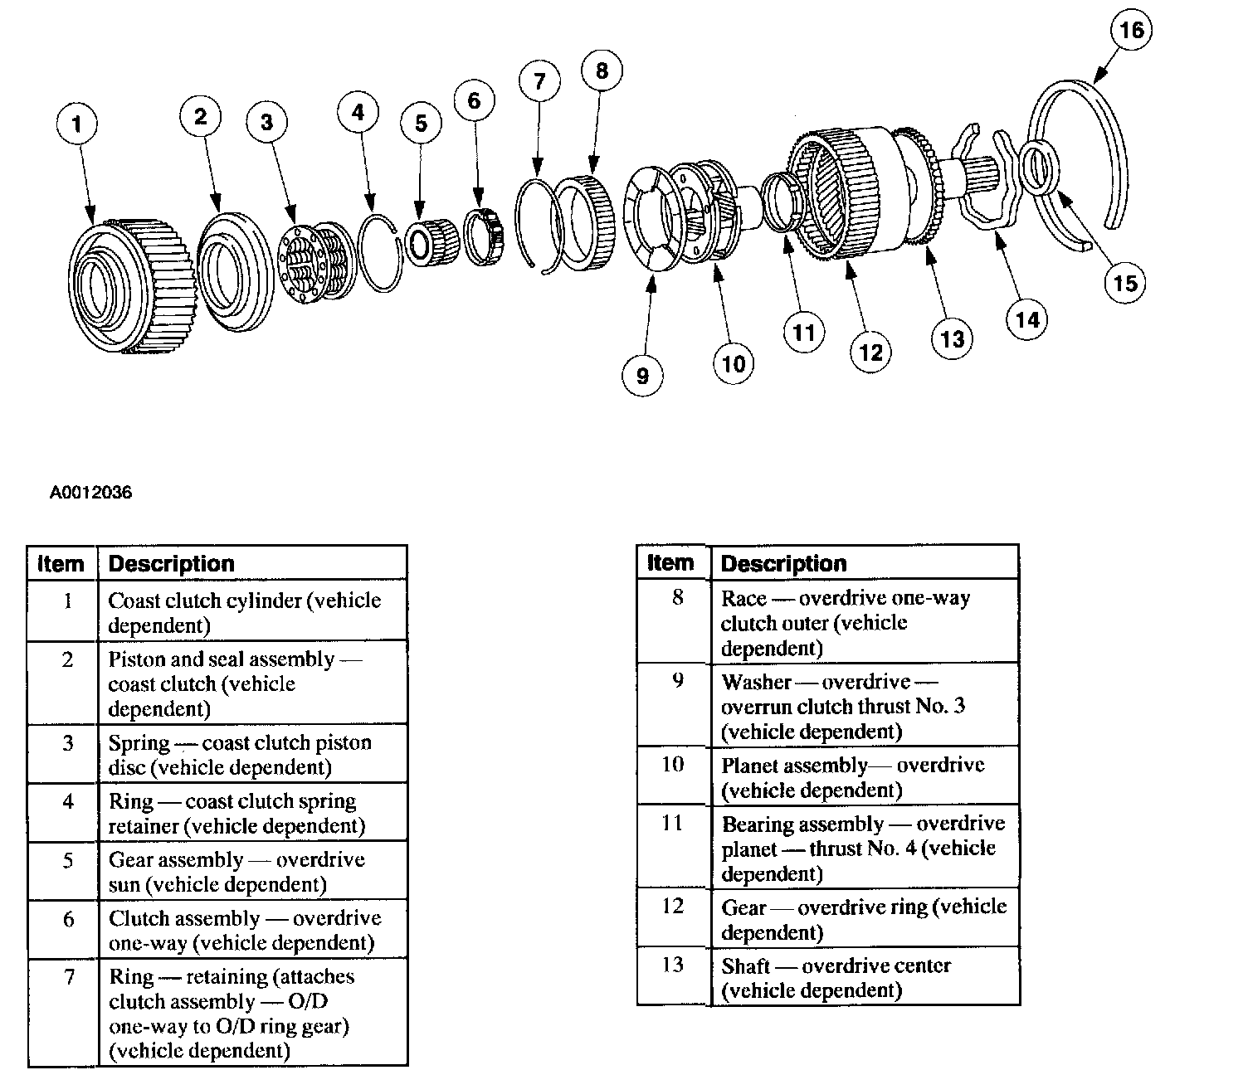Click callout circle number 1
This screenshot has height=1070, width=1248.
[77, 124]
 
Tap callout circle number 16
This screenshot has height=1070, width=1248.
[1131, 31]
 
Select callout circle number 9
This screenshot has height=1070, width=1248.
[642, 376]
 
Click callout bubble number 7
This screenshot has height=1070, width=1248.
[539, 81]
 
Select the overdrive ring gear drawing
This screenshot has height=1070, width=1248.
[838, 195]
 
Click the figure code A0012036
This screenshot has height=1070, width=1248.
[90, 493]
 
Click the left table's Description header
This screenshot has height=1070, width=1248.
[172, 564]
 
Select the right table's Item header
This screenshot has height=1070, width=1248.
[670, 562]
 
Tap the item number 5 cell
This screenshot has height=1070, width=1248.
[68, 861]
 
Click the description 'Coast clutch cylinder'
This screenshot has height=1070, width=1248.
[244, 612]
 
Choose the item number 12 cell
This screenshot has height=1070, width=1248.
[672, 906]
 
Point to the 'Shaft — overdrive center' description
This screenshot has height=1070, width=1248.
[835, 977]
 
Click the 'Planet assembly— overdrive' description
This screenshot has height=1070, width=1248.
[852, 777]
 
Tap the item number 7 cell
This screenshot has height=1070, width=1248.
[69, 977]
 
